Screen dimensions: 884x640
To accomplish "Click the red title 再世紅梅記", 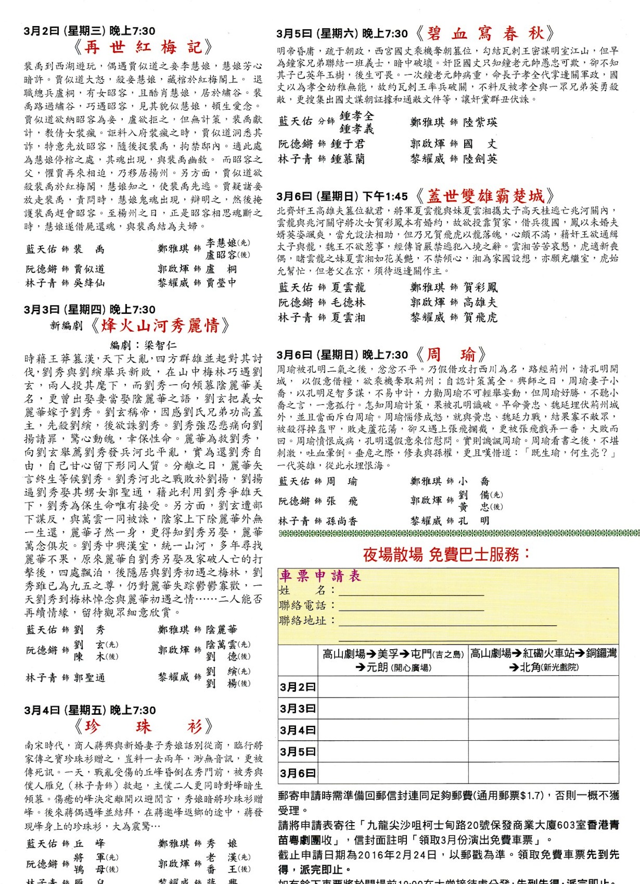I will [x=143, y=47].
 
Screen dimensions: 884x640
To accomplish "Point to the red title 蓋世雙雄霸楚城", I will [x=485, y=196].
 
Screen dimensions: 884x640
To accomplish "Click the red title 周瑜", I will [x=451, y=354].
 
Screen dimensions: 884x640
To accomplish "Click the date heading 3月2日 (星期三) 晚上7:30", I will [x=90, y=31].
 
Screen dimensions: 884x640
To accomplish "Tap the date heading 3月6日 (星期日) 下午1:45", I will [x=342, y=196].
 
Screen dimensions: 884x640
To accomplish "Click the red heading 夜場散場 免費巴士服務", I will [x=446, y=554].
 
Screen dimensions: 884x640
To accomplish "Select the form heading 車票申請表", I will [x=320, y=575].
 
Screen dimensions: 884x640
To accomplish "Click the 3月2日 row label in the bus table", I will [x=298, y=687].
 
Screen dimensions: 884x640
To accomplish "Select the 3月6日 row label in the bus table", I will [x=298, y=773].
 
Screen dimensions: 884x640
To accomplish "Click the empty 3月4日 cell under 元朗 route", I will [x=393, y=730].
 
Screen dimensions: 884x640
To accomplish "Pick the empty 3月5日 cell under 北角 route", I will [x=543, y=751].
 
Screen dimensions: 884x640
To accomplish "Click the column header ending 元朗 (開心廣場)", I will [x=393, y=660].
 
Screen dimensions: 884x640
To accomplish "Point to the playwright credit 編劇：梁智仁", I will [x=143, y=345].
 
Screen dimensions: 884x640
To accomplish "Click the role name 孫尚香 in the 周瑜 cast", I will [x=342, y=521].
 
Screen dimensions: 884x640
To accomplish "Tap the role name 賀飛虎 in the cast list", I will [x=480, y=317].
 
